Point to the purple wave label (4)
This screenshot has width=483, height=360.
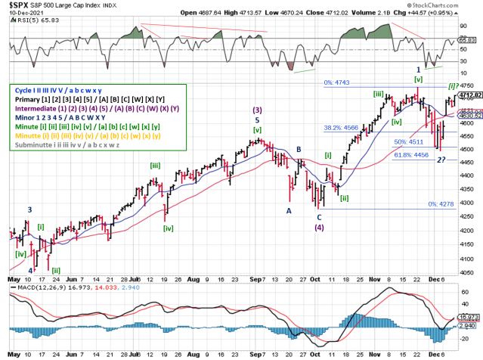pos(320,227)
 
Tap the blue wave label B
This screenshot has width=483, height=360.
pos(299,150)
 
